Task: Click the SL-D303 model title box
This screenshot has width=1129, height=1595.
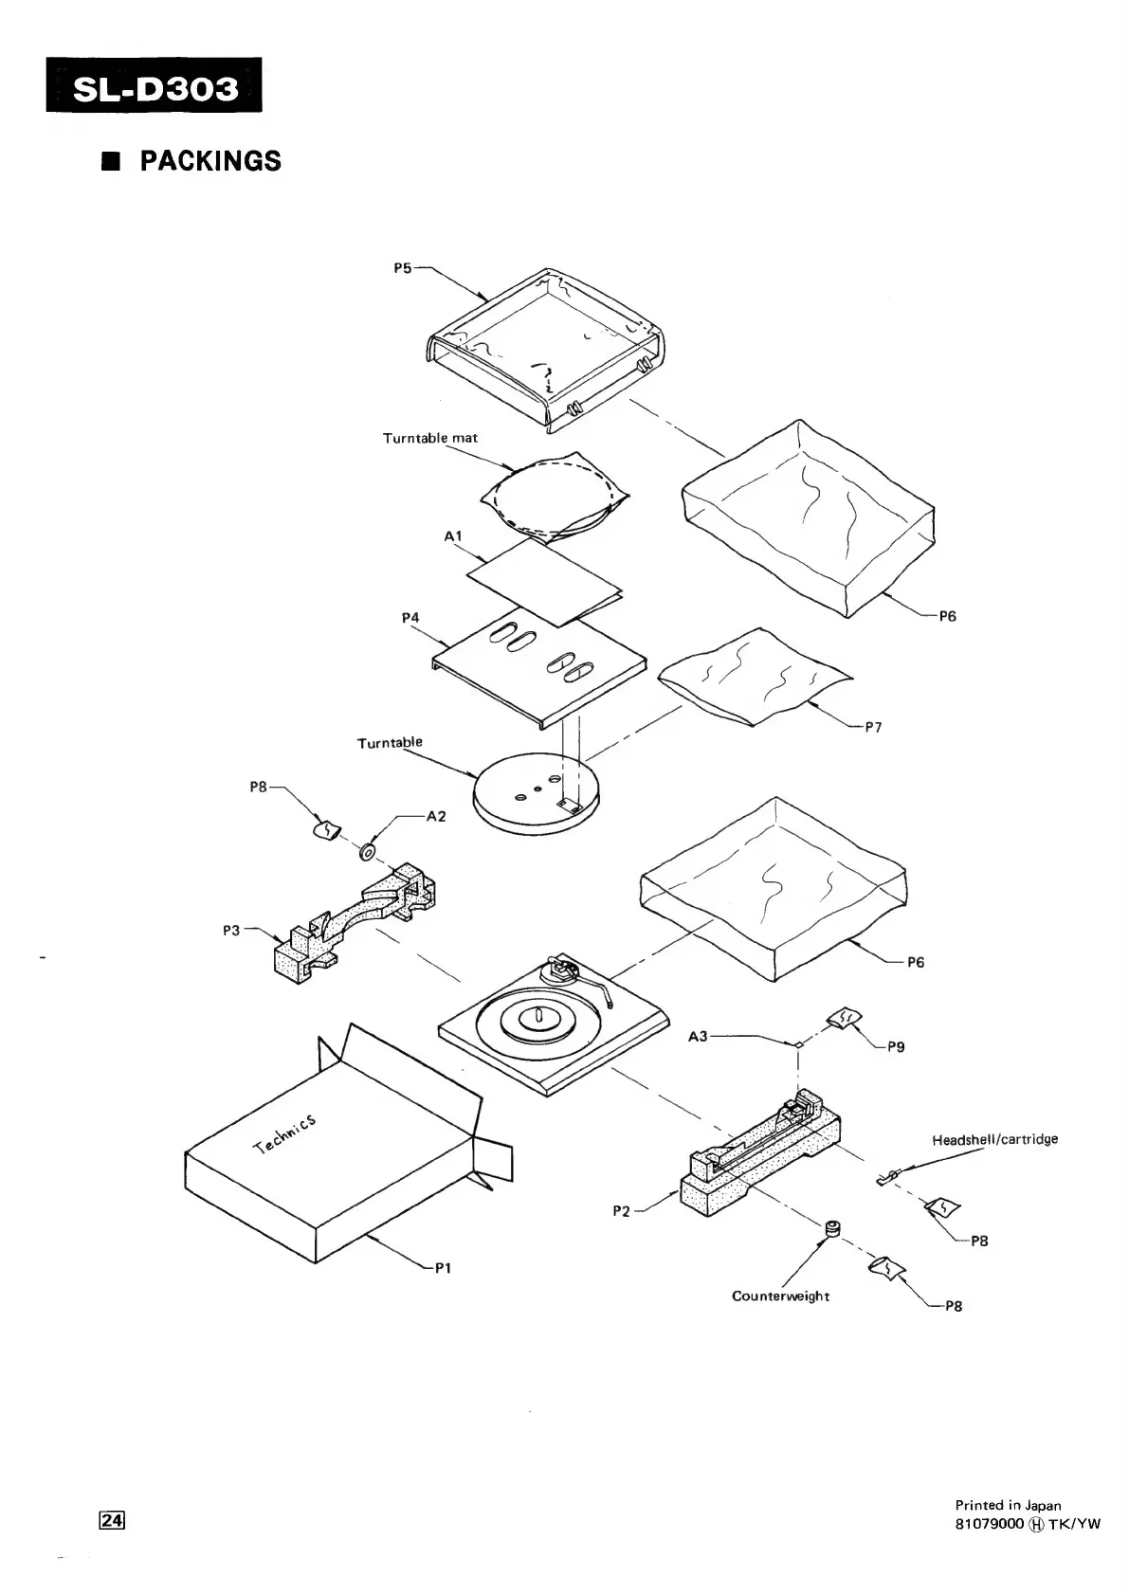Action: point(154,87)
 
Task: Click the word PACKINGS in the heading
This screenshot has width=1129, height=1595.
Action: point(210,161)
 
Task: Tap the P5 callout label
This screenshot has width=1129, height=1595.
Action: point(403,268)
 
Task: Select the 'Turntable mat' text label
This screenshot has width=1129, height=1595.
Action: point(429,438)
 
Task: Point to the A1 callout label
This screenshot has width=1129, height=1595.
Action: point(453,536)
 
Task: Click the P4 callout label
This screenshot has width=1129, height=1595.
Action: point(410,618)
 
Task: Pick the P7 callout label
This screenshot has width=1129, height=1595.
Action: point(873,728)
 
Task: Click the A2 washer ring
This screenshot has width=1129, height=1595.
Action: point(368,853)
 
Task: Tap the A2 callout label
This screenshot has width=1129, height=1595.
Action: point(436,816)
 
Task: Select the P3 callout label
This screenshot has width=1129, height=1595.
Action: point(232,930)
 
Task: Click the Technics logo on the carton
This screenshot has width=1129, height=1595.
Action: point(284,1135)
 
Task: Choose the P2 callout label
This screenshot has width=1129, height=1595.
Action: point(622,1210)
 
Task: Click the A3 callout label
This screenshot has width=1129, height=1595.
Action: point(698,1037)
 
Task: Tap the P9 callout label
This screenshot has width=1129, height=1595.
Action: point(896,1047)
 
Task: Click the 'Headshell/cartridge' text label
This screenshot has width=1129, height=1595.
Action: point(994,1139)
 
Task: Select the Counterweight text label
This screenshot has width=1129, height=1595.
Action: point(780,1296)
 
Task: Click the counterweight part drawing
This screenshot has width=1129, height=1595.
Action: point(832,1229)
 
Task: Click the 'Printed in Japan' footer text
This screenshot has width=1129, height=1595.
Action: point(1008,1505)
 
